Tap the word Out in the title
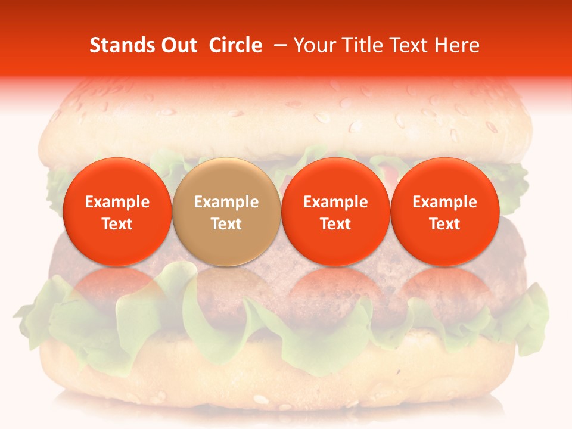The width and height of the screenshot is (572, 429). [x=178, y=45]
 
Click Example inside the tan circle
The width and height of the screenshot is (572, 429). [x=226, y=202]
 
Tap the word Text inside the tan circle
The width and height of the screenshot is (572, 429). [x=226, y=224]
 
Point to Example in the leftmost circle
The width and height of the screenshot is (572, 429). [x=117, y=202]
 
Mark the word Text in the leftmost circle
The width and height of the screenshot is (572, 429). [x=117, y=224]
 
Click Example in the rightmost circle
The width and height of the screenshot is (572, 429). [x=445, y=202]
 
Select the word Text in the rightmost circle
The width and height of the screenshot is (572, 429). [x=445, y=224]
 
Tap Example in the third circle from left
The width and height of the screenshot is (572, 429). [x=335, y=202]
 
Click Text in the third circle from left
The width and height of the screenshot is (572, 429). [x=335, y=224]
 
